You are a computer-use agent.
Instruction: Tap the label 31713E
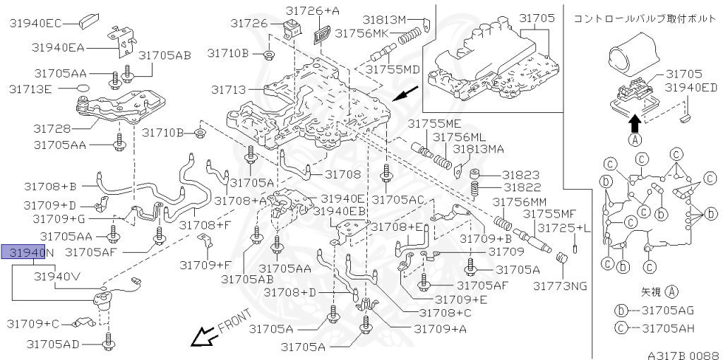click(30, 89)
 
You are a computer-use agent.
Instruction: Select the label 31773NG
click(560, 286)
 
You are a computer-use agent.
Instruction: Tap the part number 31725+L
click(563, 227)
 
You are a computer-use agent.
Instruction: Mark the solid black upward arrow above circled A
click(635, 124)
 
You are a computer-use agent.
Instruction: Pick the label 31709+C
click(33, 323)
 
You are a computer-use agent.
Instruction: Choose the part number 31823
click(521, 174)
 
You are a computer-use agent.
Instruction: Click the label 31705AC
click(399, 200)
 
